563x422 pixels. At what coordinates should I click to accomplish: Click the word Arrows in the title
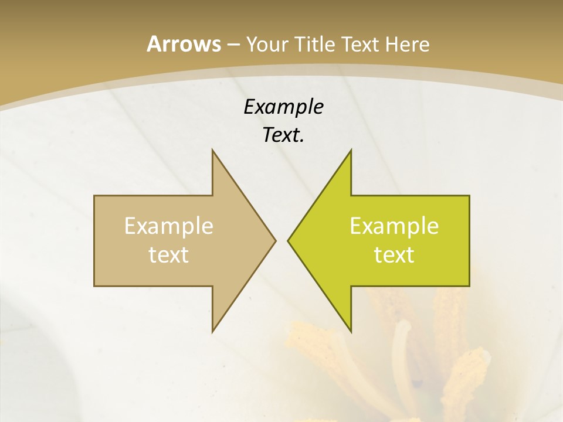pyautogui.click(x=184, y=44)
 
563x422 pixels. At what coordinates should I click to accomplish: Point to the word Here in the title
pyautogui.click(x=407, y=44)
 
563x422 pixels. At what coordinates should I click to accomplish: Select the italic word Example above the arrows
pyautogui.click(x=283, y=107)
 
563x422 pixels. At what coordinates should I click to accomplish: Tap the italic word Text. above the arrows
pyautogui.click(x=283, y=135)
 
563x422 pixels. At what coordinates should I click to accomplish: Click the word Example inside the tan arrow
pyautogui.click(x=169, y=226)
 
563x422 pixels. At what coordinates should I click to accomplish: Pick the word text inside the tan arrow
pyautogui.click(x=169, y=254)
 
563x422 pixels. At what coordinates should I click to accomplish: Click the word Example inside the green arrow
pyautogui.click(x=394, y=226)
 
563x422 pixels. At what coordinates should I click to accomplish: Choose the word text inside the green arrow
pyautogui.click(x=394, y=254)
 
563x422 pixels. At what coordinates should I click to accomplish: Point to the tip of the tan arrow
pyautogui.click(x=276, y=240)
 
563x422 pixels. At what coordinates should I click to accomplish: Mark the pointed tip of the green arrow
pyautogui.click(x=287, y=240)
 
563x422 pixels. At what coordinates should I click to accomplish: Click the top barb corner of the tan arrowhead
pyautogui.click(x=212, y=149)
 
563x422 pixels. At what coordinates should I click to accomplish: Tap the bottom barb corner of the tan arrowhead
pyautogui.click(x=212, y=332)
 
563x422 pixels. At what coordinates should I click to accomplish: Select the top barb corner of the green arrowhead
pyautogui.click(x=351, y=149)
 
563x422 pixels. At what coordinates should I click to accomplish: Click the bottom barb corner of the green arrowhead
pyautogui.click(x=351, y=332)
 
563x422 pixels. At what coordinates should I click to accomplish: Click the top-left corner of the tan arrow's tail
pyautogui.click(x=94, y=196)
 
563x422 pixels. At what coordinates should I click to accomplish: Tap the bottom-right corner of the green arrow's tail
pyautogui.click(x=469, y=286)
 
